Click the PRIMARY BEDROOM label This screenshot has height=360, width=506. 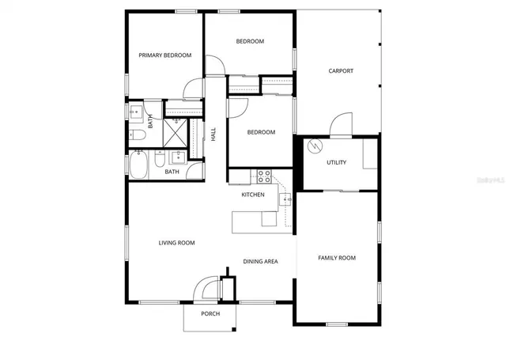tap(165, 55)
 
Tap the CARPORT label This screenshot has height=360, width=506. tap(341, 71)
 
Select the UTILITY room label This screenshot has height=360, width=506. tap(337, 162)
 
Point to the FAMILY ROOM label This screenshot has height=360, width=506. tap(337, 258)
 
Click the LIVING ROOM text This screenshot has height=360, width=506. tap(176, 243)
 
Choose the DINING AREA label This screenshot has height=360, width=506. tap(259, 261)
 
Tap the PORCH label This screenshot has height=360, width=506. tap(210, 314)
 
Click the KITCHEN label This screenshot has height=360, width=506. tap(253, 194)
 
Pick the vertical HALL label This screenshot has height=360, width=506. tap(213, 135)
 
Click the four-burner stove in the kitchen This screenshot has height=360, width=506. tap(264, 175)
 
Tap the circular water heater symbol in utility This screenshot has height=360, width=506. tap(314, 146)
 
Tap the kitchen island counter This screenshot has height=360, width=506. tap(255, 220)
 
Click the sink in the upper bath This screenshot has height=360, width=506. tap(134, 112)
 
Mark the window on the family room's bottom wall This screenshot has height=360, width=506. tap(337, 324)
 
